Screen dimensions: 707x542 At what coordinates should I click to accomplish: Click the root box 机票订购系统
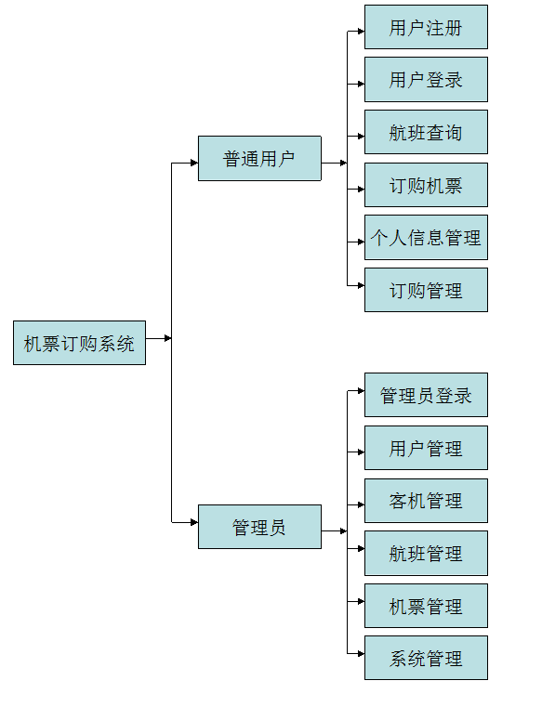click(79, 343)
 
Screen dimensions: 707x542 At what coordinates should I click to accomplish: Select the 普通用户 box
click(259, 159)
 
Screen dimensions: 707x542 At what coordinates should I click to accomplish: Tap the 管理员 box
click(259, 528)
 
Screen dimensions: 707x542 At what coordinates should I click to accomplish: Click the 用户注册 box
click(426, 28)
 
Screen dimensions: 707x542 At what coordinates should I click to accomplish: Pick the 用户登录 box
click(426, 80)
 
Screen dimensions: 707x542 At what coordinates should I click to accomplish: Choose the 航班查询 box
click(426, 133)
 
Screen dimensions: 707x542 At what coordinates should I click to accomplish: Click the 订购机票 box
click(426, 185)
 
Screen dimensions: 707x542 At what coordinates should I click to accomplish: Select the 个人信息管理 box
click(426, 238)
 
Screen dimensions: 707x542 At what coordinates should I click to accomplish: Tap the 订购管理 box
click(426, 290)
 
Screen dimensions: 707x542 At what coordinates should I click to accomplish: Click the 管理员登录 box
click(426, 396)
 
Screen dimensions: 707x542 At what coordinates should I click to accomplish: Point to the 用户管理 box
click(426, 449)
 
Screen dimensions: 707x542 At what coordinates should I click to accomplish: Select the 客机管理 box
click(426, 501)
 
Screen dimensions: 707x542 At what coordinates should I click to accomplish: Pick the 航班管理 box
click(426, 554)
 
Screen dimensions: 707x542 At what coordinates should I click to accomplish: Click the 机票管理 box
click(426, 606)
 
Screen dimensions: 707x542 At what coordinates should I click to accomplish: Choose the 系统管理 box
click(426, 659)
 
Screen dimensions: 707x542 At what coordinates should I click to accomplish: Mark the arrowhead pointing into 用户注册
click(360, 31)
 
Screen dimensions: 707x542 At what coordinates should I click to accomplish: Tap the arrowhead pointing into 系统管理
click(360, 653)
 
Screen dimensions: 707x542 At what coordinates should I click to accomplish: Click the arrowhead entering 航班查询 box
click(360, 136)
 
